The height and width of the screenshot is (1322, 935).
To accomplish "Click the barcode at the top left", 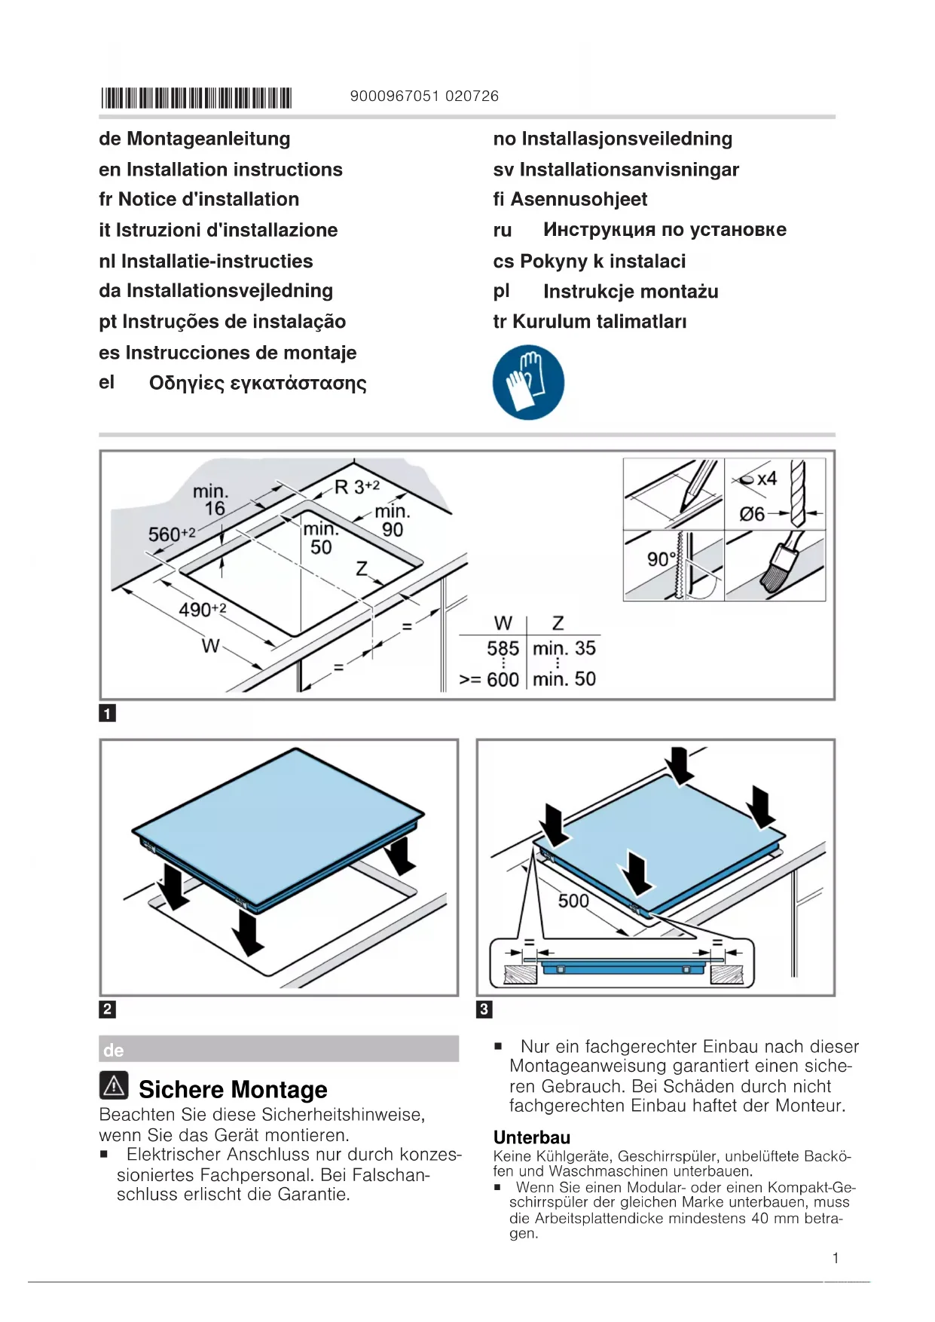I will point(196,98).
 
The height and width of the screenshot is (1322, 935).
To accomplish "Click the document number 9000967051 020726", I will point(424,96).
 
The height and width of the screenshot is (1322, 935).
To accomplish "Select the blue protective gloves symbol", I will point(528,382).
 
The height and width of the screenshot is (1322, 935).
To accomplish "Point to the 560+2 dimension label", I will point(172,534).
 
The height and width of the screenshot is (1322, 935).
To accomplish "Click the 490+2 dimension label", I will point(202,609).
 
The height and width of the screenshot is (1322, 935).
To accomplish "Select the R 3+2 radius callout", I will point(357,487).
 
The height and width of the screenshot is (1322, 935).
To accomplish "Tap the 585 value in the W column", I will point(503,648).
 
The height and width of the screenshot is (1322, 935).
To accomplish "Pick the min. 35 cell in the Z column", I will point(564,648).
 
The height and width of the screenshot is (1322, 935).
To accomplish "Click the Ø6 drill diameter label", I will point(752,514).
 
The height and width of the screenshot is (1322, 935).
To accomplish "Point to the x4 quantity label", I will point(767,479).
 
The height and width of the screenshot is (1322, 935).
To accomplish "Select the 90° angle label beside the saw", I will point(662,559).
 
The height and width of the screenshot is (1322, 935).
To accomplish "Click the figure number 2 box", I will point(108,1009).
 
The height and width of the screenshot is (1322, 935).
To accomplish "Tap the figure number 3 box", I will point(484,1009).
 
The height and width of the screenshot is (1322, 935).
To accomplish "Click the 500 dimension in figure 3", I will point(573,901).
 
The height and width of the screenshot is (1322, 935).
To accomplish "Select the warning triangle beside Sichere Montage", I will point(114,1085).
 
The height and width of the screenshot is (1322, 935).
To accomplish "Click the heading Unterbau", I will point(532,1137).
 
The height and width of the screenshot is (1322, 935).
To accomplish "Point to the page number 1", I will point(836,1258).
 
